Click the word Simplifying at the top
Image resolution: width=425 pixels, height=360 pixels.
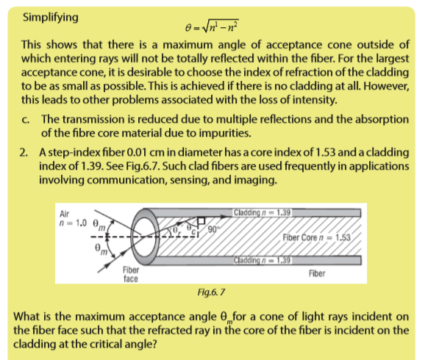point(51,18)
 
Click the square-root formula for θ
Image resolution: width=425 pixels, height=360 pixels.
point(212,26)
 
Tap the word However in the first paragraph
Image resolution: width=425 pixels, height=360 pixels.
point(386,86)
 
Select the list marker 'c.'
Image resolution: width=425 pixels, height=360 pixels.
point(26,120)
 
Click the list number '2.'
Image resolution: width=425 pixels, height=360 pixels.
point(24,153)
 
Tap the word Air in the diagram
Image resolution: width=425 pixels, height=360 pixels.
point(64,214)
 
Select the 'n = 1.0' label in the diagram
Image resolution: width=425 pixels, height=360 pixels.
point(73,223)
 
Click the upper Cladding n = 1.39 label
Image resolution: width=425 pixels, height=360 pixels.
point(262,212)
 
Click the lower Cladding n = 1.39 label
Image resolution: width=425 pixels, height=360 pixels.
point(262,260)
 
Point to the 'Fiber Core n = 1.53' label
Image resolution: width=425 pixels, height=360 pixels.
point(317,237)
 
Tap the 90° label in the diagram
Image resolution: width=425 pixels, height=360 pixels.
point(213,230)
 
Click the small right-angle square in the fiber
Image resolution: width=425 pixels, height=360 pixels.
point(201,220)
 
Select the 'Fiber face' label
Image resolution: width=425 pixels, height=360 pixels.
point(131,274)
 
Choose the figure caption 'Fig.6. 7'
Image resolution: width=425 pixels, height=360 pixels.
point(211,292)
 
